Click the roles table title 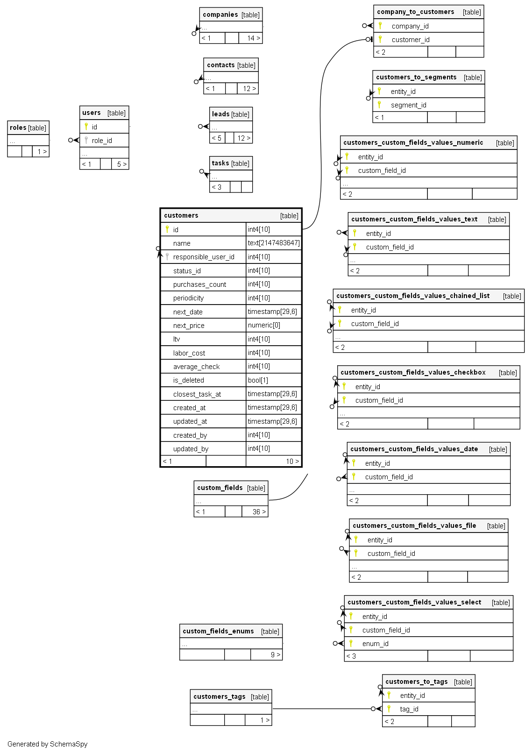pos(18,128)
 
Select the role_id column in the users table pos(102,141)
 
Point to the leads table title pos(220,114)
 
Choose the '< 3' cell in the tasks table pos(217,187)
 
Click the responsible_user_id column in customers pos(204,257)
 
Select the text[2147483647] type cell pos(274,243)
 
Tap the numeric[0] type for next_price pos(264,325)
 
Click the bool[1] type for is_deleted pos(258,380)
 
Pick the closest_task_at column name pos(197,394)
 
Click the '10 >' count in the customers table pos(292,462)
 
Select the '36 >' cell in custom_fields pos(259,512)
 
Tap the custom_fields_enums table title pos(218,631)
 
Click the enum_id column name pos(375,644)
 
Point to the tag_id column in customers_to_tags pos(409,709)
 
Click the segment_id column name pos(408,105)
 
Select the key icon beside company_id pos(380,26)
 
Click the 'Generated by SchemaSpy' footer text pos(48,744)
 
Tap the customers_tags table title pos(219,696)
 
